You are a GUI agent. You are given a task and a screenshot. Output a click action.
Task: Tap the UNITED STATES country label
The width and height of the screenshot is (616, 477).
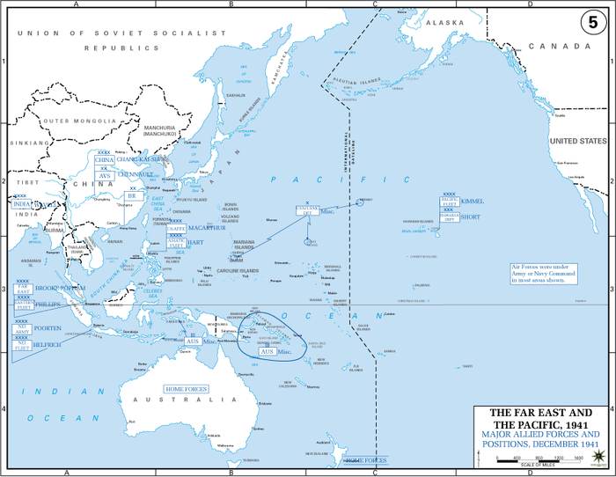tap(577, 141)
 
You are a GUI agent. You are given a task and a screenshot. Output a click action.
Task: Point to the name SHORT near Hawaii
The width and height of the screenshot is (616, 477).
tap(472, 216)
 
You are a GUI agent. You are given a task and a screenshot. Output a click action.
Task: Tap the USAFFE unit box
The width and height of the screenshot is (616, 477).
tap(176, 228)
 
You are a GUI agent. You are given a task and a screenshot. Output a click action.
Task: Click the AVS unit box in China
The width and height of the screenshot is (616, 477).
tap(105, 175)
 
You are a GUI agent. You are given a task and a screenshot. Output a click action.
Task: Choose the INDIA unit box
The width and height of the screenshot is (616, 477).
tap(22, 204)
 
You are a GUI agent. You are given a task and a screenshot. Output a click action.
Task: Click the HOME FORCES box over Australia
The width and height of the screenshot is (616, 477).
tap(187, 387)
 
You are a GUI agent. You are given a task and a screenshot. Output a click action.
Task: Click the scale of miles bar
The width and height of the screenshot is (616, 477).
tap(540, 459)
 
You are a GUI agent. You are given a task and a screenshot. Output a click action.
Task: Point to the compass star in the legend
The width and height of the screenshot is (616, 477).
tap(601, 454)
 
